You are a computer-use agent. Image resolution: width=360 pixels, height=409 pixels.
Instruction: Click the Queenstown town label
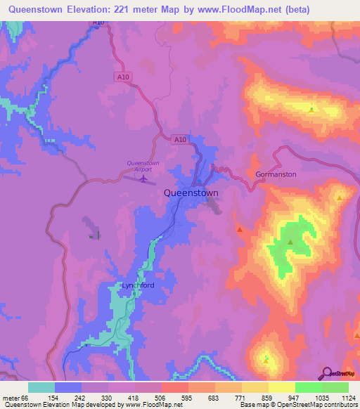tap(191, 193)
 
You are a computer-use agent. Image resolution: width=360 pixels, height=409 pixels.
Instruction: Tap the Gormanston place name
tap(276, 174)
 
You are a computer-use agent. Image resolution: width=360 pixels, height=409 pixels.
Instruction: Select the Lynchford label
tap(137, 285)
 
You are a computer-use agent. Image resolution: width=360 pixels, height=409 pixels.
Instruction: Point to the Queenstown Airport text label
tap(143, 166)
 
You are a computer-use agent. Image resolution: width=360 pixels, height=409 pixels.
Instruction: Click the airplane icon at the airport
tap(144, 178)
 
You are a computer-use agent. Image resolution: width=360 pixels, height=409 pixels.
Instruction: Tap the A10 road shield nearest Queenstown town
tap(181, 140)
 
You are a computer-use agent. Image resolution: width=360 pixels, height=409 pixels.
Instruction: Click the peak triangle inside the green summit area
tap(290, 242)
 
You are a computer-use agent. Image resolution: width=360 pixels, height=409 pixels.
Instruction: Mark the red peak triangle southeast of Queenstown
tap(240, 229)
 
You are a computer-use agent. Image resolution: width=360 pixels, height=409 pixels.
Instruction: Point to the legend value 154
tap(42, 398)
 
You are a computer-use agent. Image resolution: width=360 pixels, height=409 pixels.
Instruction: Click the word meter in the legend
tap(12, 398)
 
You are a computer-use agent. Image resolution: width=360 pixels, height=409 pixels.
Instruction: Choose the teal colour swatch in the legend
tap(41, 387)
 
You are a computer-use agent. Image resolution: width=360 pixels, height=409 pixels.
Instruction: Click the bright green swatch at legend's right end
tap(335, 387)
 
